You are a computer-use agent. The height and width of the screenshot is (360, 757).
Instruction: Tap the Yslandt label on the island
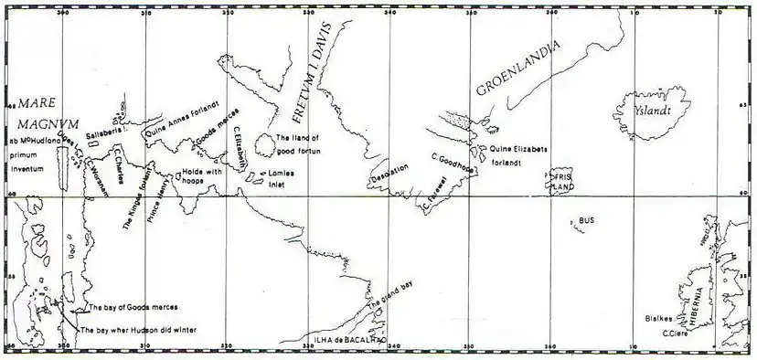coord(653,111)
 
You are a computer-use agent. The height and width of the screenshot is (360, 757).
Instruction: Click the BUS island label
coord(587,221)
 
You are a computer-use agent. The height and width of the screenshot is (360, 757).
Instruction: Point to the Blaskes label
coord(658,320)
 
